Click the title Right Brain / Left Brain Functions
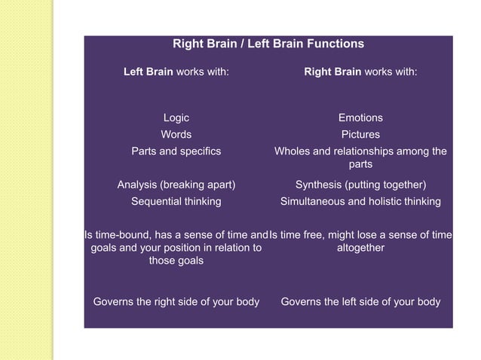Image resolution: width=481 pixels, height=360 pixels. coord(268,44)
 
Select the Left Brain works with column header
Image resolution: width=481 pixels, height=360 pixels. coord(176,72)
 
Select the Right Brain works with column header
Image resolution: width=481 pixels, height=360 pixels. coord(360,72)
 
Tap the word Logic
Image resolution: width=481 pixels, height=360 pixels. coord(176,118)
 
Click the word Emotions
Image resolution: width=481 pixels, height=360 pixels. coord(360,117)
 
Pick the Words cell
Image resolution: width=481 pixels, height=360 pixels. coord(176,135)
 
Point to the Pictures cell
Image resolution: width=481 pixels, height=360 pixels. coord(360,135)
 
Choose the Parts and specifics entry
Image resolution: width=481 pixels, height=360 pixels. coord(176,151)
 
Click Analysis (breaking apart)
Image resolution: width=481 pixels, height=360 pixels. coord(176,185)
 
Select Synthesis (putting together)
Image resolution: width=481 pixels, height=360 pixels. coord(360,185)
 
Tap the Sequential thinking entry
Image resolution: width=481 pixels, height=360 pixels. coord(176,201)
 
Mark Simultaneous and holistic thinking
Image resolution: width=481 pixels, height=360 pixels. coord(360,201)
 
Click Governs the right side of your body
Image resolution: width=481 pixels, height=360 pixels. coord(176,302)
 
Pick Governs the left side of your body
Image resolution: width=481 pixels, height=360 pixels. coord(360,302)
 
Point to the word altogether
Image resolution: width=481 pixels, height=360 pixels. coord(360,248)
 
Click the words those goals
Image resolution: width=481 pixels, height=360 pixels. coord(176,261)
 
